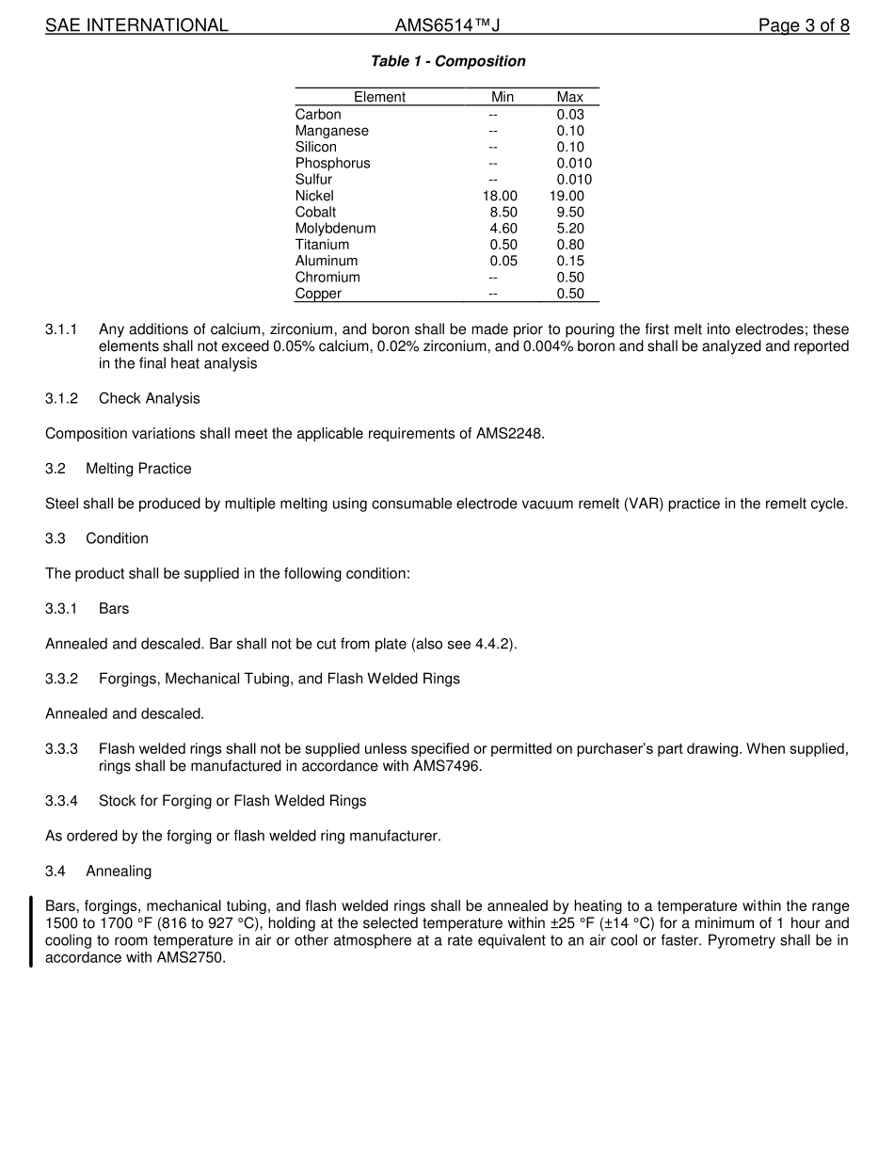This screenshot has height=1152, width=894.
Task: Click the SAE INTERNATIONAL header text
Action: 136,25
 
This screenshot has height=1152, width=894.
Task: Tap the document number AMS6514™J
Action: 447,25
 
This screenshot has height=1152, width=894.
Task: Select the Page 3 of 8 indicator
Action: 804,25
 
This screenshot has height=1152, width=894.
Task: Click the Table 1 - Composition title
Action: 448,61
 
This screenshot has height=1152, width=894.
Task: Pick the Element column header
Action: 379,97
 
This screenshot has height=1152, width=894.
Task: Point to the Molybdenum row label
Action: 335,229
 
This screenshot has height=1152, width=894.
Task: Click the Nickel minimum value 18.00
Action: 500,196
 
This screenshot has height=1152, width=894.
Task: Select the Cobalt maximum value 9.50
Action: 569,213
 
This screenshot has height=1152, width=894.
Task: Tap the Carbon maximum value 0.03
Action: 569,115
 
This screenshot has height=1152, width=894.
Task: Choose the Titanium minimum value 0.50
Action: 503,245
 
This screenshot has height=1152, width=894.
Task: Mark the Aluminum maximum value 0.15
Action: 569,261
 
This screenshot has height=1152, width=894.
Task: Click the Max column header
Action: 569,97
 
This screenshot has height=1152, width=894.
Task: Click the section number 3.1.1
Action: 61,329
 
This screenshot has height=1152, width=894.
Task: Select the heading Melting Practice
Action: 138,469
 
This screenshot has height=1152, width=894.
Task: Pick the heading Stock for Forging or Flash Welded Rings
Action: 232,801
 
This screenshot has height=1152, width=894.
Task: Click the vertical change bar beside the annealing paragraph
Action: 31,932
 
